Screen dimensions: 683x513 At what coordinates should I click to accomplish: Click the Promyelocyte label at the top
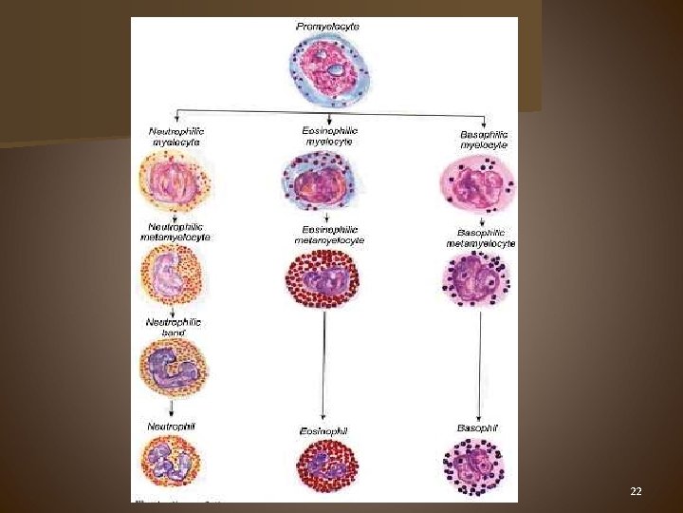tap(327, 27)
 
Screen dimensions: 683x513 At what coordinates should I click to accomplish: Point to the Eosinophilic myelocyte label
tap(329, 135)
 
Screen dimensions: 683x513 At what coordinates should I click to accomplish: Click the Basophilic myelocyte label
tap(484, 139)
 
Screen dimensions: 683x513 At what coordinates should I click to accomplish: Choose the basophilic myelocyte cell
tap(480, 184)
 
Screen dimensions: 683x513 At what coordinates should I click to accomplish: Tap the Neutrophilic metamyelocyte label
tap(177, 232)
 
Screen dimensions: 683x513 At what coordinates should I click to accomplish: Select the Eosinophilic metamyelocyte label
tap(329, 234)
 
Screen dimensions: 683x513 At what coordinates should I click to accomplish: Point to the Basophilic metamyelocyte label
tap(481, 237)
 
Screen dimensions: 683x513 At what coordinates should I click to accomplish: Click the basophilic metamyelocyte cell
tap(477, 280)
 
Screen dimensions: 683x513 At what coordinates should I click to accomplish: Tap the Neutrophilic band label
tap(173, 328)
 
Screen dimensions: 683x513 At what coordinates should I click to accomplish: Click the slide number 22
tap(637, 491)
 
